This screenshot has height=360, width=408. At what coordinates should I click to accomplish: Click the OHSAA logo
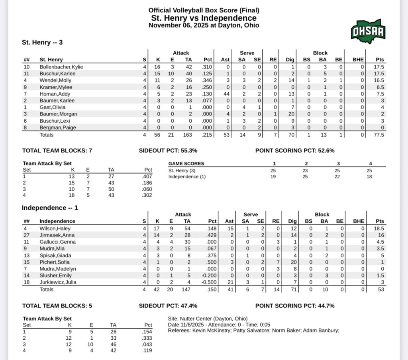[x=368, y=31]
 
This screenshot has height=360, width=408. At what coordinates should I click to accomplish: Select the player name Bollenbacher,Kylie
[x=61, y=67]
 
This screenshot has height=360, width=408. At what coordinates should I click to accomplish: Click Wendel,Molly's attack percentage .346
[x=207, y=80]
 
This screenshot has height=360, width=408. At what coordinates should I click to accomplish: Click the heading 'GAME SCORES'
[x=186, y=164]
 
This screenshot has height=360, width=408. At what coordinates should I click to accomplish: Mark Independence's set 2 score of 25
[x=305, y=177]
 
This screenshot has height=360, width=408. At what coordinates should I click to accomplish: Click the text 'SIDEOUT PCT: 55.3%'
[x=168, y=151]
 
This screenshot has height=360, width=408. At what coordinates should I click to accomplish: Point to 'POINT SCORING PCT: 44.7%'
[x=295, y=306]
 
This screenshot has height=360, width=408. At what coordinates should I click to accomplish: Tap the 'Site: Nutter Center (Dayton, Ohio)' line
[x=208, y=319]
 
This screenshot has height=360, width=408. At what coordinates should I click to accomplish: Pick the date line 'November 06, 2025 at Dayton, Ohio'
[x=204, y=25]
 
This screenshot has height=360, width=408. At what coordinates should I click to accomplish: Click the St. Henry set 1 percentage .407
[x=147, y=177]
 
